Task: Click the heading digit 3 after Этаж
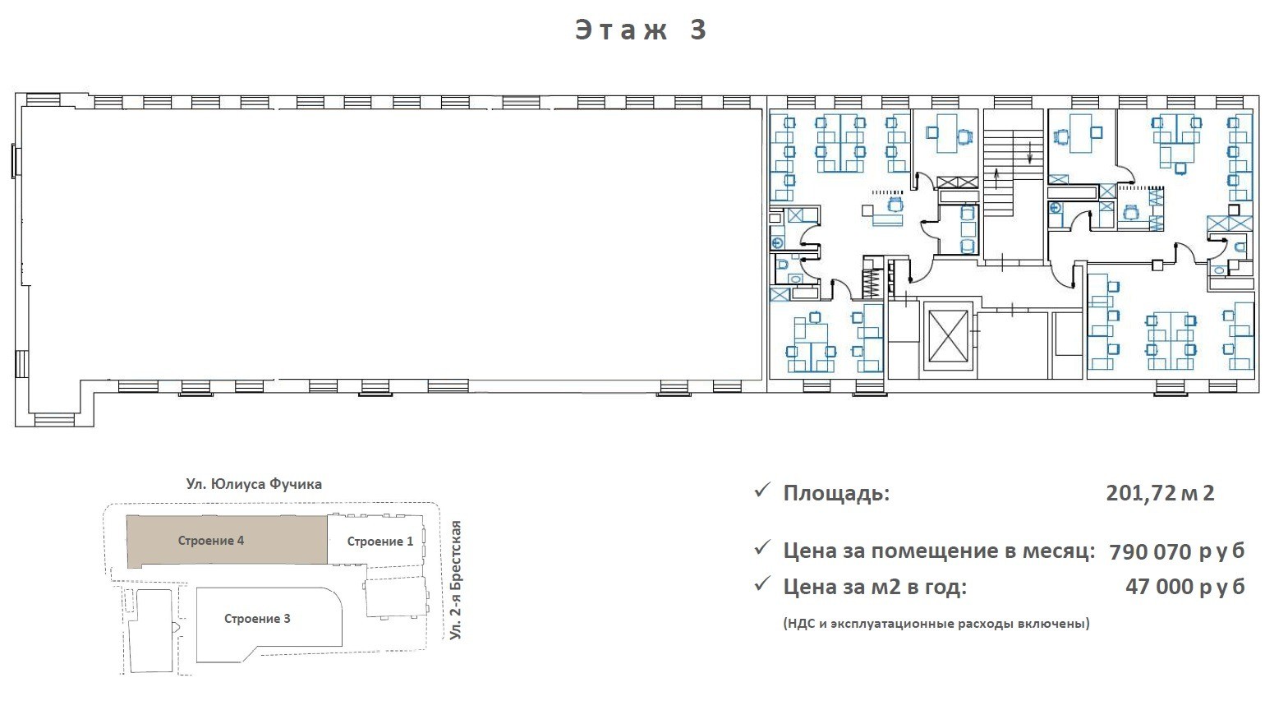[698, 30]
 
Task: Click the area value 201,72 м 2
[1160, 493]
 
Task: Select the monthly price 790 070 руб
[1176, 551]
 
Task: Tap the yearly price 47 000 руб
[1184, 586]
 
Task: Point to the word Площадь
[836, 494]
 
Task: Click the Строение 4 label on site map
[211, 540]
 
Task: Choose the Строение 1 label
[380, 542]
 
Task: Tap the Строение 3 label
[257, 619]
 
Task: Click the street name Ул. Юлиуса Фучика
[254, 484]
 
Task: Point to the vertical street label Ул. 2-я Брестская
[455, 580]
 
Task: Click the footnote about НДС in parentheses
[936, 623]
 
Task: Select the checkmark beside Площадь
[762, 491]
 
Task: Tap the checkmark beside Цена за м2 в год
[762, 584]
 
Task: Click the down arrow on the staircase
[1029, 153]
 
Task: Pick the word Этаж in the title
[622, 30]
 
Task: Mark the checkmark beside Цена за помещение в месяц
[762, 548]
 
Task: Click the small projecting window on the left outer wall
[16, 162]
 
